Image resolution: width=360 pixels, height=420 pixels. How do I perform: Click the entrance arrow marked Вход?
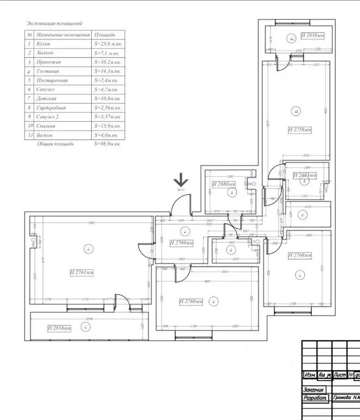181,181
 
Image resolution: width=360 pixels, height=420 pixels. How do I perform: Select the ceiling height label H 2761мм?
81,272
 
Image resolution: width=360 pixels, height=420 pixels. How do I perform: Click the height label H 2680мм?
223,184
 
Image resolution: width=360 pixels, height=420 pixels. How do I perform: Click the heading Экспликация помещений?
54,24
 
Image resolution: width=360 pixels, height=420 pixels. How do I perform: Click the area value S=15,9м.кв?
107,126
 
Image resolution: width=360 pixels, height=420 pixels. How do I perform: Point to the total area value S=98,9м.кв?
107,144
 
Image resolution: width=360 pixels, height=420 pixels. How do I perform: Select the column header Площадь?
104,34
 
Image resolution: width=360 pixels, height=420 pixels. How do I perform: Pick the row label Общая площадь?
55,144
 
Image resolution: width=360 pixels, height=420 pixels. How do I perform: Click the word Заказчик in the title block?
315,389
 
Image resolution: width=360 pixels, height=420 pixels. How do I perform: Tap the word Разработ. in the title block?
316,398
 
